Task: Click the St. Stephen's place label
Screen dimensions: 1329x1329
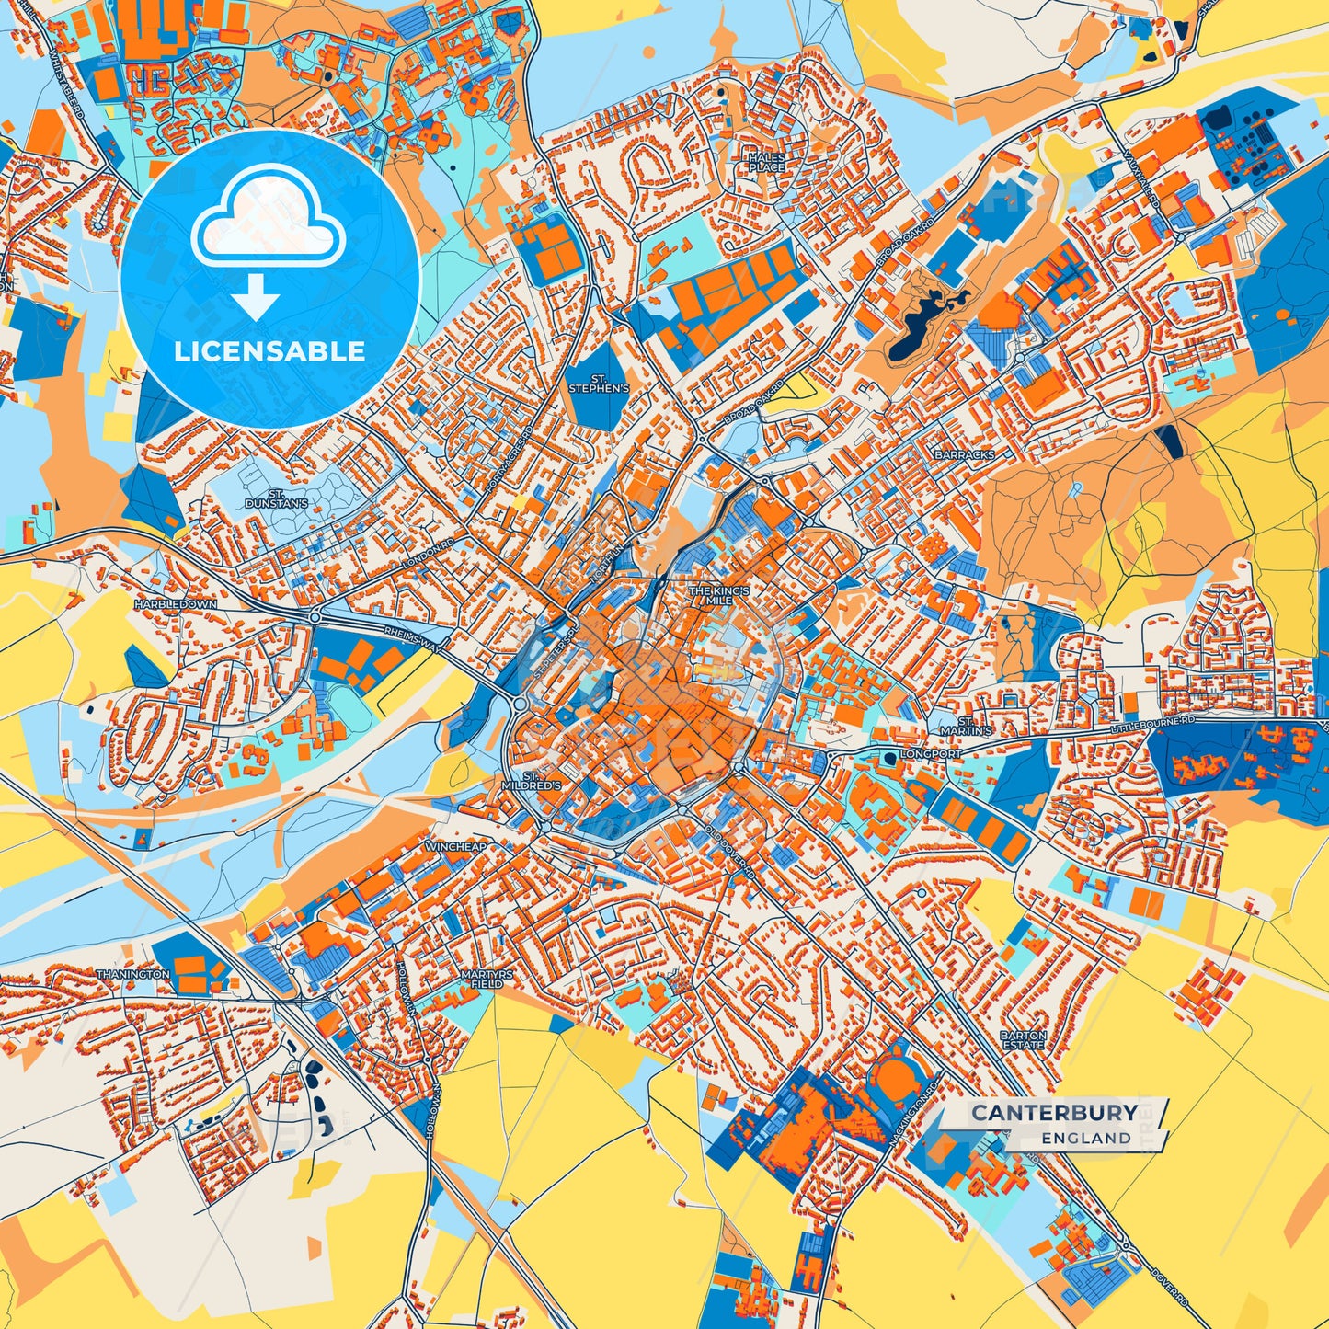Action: click(599, 384)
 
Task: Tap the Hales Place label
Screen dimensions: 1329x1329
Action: click(766, 163)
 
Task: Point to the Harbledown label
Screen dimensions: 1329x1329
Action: click(175, 604)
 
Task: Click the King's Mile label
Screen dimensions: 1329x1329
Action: click(720, 595)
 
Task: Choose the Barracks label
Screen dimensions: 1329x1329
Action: click(964, 454)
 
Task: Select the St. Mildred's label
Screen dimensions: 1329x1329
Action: click(531, 782)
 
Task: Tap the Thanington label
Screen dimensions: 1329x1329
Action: click(133, 973)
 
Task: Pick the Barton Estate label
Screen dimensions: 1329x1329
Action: click(1023, 1040)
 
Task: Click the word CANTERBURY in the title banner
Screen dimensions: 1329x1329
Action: click(1054, 1112)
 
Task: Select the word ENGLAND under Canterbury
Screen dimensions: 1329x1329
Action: click(1086, 1138)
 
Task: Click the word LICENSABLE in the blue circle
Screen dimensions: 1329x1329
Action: click(270, 350)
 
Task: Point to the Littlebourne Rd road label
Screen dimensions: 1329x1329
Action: click(1152, 726)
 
